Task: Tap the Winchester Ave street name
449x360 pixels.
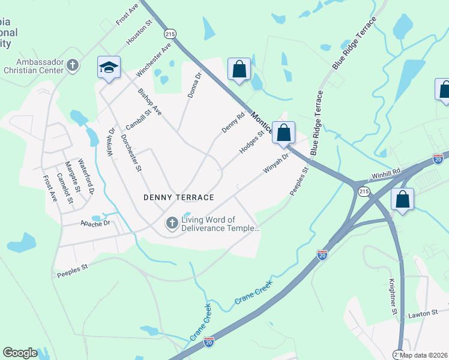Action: [154, 59]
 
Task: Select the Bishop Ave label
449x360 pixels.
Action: [149, 102]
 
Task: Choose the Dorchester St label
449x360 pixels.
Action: [130, 153]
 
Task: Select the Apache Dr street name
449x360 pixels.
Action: [96, 223]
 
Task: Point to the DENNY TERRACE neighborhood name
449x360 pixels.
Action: [179, 197]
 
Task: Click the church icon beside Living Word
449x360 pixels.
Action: [172, 224]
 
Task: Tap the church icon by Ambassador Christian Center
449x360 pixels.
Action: [72, 65]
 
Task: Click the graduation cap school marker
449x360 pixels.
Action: [109, 68]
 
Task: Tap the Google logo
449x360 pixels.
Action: [20, 353]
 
